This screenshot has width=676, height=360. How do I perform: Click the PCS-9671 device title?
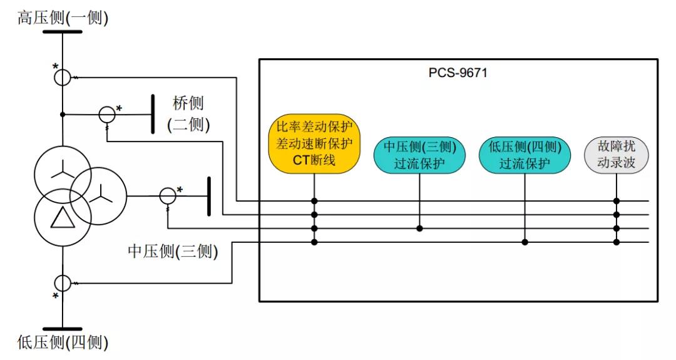(458, 73)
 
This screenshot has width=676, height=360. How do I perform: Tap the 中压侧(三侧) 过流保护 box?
(419, 155)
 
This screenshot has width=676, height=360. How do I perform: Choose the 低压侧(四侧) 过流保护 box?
(525, 155)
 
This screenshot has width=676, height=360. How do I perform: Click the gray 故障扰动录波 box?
(617, 155)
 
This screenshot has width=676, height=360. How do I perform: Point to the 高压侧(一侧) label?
(63, 18)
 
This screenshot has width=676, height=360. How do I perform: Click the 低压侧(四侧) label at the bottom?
(63, 342)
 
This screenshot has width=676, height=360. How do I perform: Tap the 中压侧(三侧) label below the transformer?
(173, 252)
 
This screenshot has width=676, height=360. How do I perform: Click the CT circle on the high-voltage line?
(63, 77)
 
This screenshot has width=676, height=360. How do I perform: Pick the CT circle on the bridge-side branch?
(107, 114)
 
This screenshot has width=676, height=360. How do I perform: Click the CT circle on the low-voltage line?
(63, 283)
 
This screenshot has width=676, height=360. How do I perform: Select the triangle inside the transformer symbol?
(63, 217)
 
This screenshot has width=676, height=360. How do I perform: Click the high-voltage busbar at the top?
(63, 31)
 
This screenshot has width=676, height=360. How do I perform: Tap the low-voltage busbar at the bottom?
(63, 329)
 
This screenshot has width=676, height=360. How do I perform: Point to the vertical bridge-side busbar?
(153, 114)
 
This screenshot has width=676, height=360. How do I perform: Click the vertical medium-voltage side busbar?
(209, 196)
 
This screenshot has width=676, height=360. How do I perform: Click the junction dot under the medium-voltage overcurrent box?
(419, 228)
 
